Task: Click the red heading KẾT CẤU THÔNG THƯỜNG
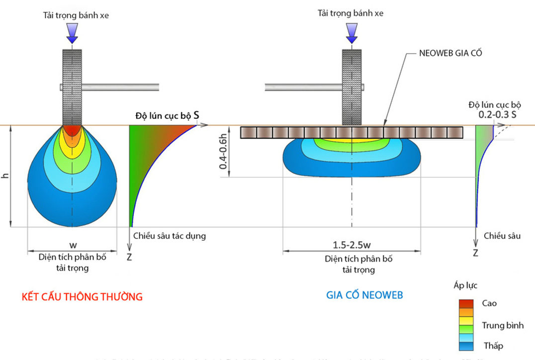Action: coord(82,297)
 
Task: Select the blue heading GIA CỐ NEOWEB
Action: coord(364,295)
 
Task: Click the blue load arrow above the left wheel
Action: coord(72,34)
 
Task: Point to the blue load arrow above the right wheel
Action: coord(352,34)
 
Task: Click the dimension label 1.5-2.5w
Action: coord(352,245)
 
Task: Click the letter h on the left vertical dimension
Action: coord(5,176)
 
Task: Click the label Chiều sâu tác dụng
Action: coord(170,236)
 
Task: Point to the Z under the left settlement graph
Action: coord(129,257)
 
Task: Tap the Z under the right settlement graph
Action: coord(475,253)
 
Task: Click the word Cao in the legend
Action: coord(489,303)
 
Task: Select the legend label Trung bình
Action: coord(503,326)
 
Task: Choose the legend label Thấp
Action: coord(493,346)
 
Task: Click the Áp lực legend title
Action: coord(466,285)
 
